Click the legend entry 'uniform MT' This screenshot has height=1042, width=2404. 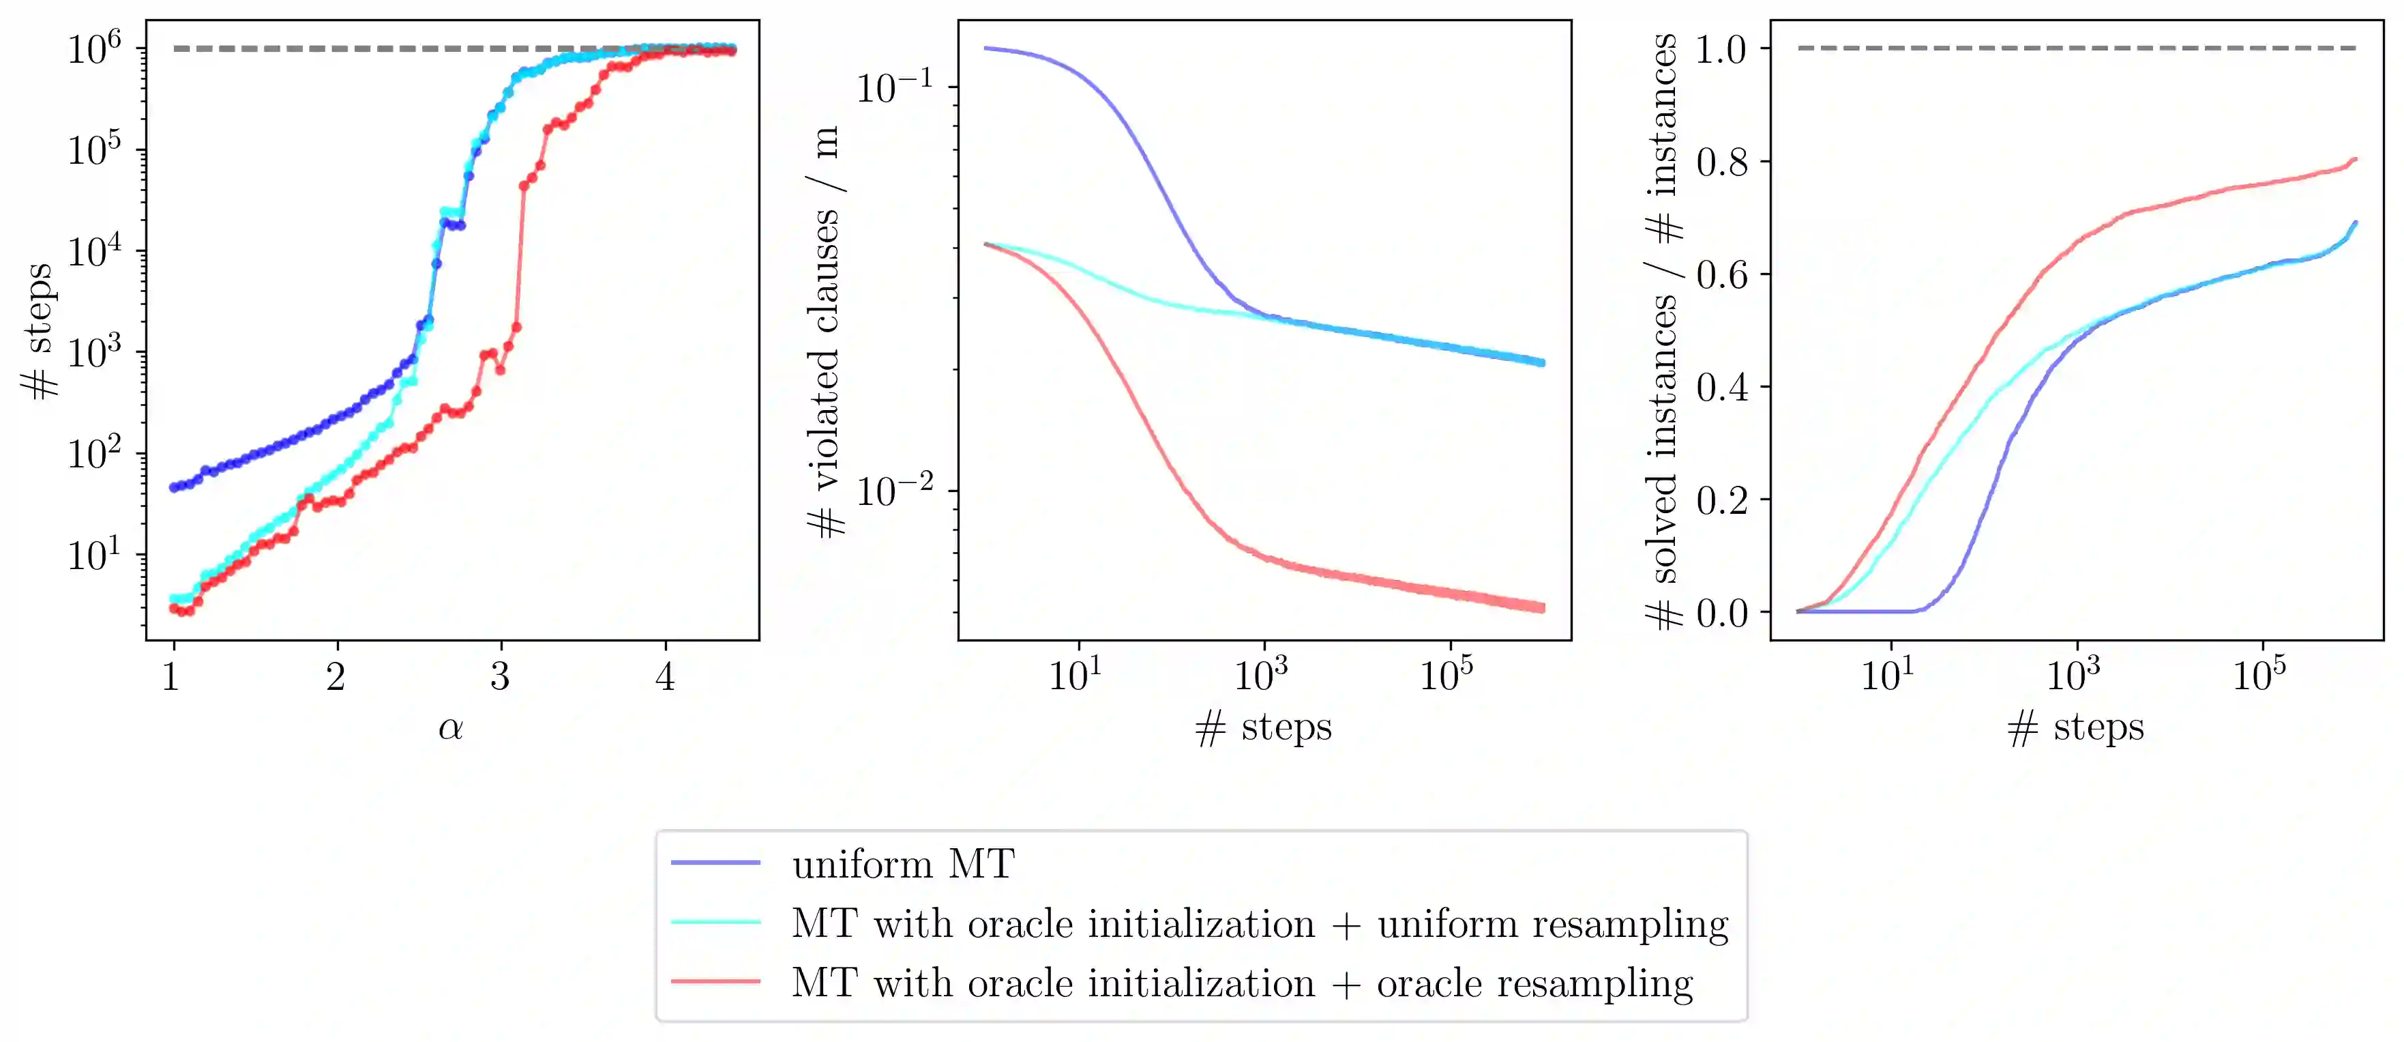click(x=902, y=864)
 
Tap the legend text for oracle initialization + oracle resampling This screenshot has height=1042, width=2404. click(x=1242, y=983)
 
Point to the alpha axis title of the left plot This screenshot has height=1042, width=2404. click(x=451, y=727)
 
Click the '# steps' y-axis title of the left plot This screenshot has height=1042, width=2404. click(x=39, y=332)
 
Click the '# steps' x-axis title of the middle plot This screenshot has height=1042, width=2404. click(x=1264, y=727)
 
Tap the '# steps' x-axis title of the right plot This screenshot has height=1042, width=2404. click(x=2075, y=727)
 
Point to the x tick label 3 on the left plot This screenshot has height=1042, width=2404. click(x=500, y=676)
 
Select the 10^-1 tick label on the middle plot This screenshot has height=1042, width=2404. click(x=894, y=87)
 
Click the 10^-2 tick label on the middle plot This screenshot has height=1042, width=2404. click(x=894, y=490)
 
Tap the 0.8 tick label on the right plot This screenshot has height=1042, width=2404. click(x=1722, y=162)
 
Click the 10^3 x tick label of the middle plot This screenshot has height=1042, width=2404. click(x=1261, y=674)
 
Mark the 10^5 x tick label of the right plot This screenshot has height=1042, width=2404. click(x=2259, y=674)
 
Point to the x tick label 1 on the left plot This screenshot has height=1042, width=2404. click(x=170, y=676)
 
